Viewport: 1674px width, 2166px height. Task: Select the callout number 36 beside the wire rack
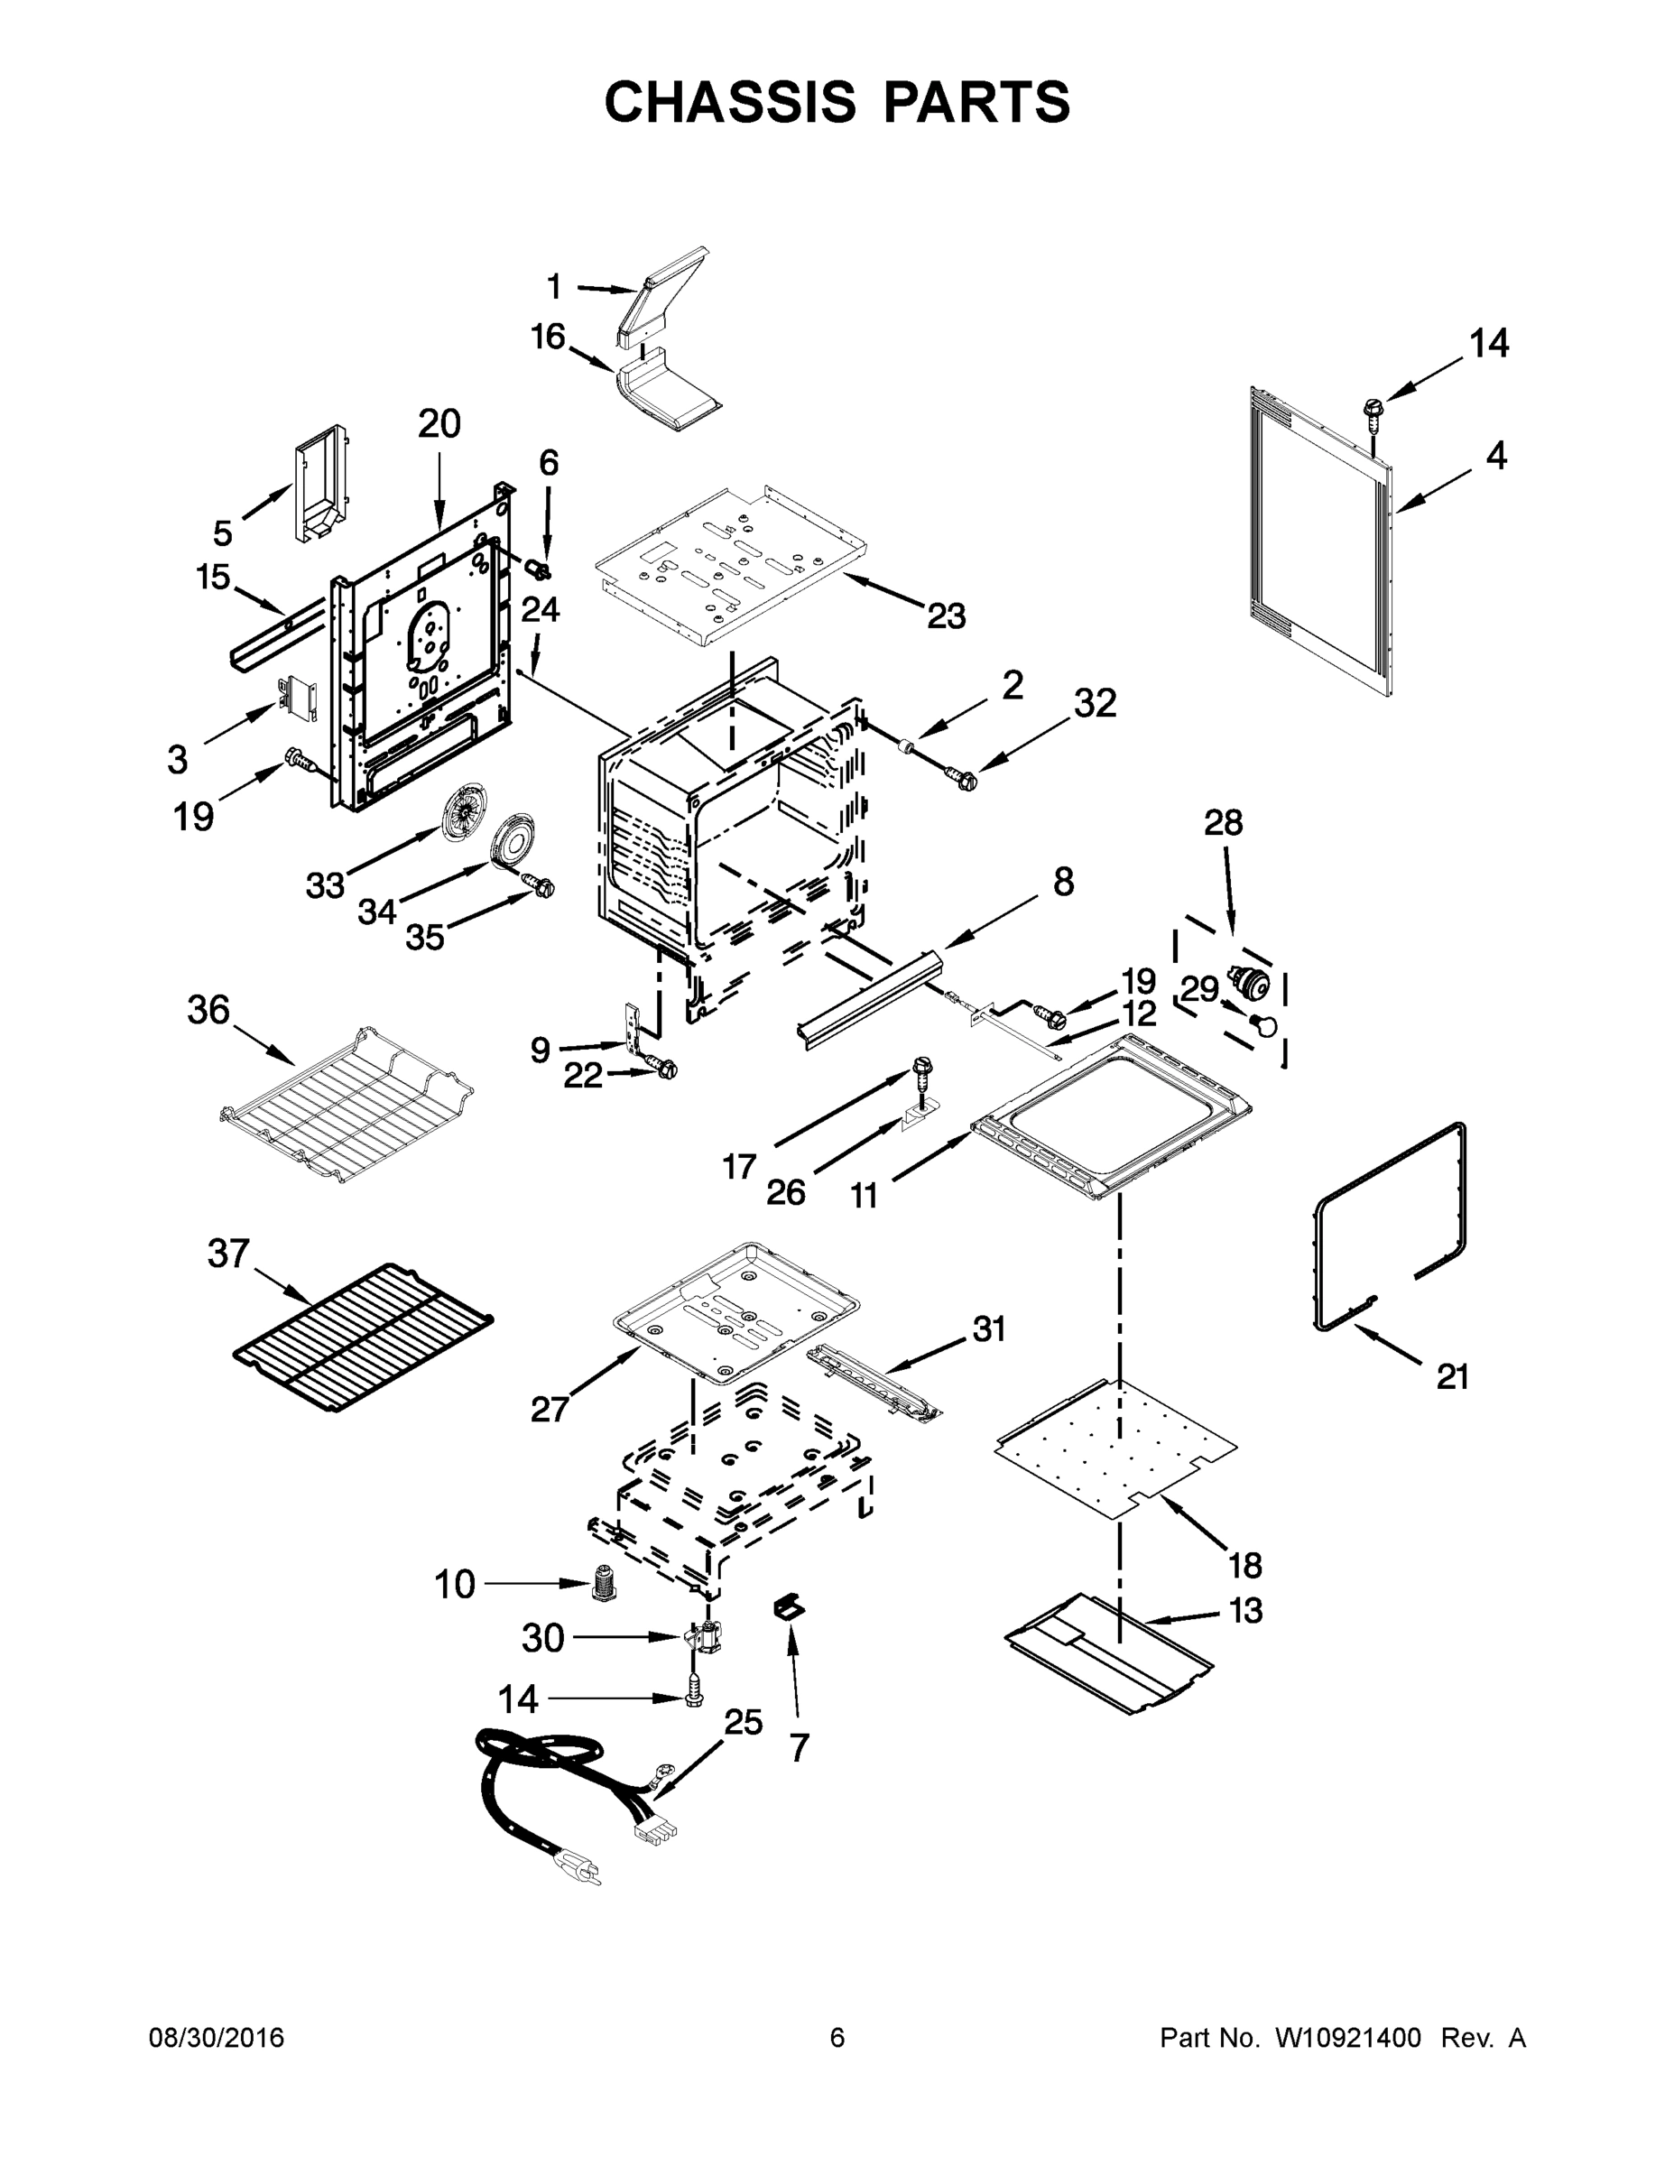208,1011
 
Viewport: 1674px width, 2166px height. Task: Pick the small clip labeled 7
790,1607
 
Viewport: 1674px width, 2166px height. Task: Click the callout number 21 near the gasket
1452,1375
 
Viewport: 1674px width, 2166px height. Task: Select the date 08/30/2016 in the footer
217,2037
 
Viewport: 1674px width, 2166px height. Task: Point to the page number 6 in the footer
837,2037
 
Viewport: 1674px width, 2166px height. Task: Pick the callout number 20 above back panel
439,424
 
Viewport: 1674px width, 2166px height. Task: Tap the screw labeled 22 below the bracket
665,1069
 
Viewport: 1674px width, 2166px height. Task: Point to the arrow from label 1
605,289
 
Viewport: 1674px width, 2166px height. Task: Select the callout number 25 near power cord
743,1722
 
